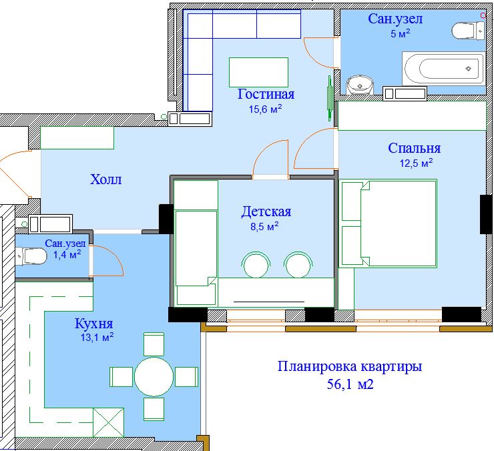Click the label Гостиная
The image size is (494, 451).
click(266, 94)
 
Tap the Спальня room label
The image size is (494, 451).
click(414, 148)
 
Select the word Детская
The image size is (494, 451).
click(266, 211)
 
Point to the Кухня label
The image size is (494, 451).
click(93, 324)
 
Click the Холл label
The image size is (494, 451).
click(106, 179)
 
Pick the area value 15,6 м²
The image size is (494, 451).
click(265, 109)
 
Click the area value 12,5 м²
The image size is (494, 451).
click(416, 163)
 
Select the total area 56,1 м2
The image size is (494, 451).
click(350, 384)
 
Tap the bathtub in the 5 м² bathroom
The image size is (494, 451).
click(444, 69)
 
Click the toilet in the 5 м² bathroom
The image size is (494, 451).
click(468, 31)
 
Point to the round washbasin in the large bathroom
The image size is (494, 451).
click(360, 85)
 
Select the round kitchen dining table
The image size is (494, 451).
click(154, 377)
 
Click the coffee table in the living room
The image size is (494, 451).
click(258, 72)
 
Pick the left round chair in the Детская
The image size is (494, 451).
click(256, 265)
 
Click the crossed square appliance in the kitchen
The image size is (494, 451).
click(108, 422)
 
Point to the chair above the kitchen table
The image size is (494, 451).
click(154, 344)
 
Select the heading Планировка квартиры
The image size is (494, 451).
click(350, 367)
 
